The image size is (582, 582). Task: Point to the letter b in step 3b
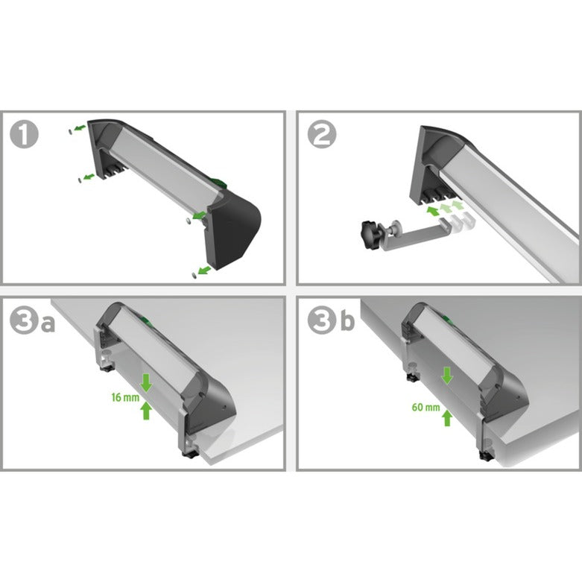tap(346, 322)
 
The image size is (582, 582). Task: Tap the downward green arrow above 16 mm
tap(146, 382)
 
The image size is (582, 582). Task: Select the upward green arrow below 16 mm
tap(146, 411)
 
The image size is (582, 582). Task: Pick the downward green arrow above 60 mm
tap(446, 376)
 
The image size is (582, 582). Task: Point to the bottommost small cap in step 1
tap(194, 274)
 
